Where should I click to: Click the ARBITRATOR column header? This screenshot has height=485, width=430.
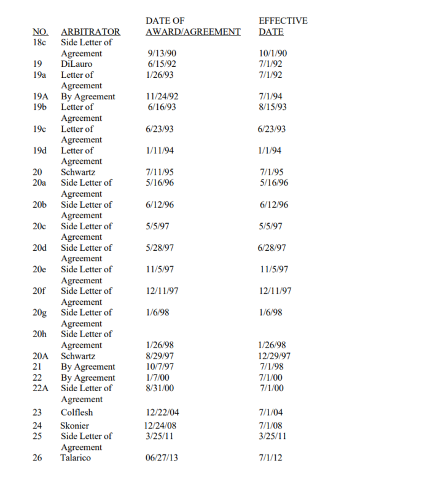90,32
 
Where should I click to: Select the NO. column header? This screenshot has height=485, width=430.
40,32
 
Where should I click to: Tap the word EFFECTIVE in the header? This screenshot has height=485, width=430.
283,21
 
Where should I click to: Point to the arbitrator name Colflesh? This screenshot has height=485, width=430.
77,413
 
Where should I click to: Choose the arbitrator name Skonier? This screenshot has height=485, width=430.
74,426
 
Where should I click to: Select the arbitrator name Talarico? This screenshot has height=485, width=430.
76,457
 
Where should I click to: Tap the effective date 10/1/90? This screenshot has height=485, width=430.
273,53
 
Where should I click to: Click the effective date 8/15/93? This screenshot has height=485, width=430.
273,107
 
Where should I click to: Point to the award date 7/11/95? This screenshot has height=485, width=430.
159,172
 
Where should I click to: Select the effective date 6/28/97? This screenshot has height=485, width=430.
273,248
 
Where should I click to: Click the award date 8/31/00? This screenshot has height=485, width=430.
159,388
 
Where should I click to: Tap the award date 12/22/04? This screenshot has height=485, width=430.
162,413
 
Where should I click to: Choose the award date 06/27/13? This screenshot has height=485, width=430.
162,457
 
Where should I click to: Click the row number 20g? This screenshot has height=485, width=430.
39,313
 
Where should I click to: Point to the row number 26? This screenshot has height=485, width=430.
37,457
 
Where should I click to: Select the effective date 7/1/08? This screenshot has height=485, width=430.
271,426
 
